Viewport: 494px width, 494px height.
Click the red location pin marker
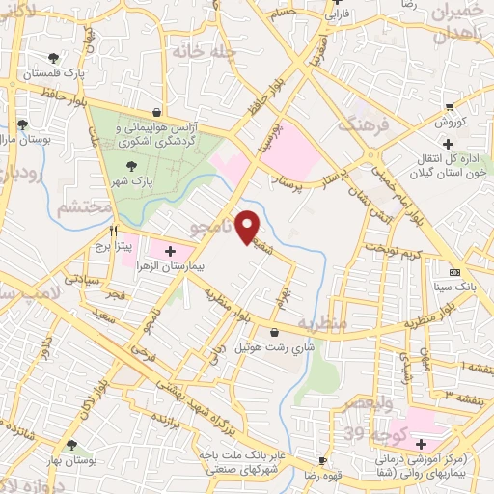tap(249, 225)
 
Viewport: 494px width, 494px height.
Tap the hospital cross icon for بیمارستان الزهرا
tap(170, 251)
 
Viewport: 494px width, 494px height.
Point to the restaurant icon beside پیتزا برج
tap(114, 232)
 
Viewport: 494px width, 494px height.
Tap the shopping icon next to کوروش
tap(451, 107)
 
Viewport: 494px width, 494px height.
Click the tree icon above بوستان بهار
tap(71, 444)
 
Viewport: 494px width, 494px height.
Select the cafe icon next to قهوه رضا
tap(323, 461)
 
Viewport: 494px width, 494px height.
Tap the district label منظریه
tap(320, 322)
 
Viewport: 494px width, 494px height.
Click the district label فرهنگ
tap(360, 125)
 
